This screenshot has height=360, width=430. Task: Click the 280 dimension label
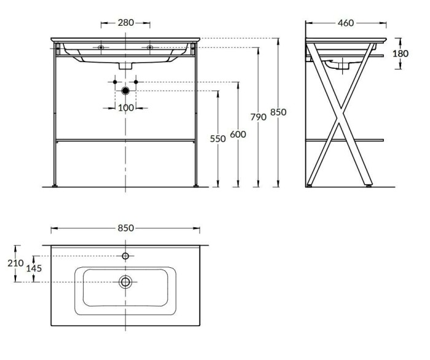click(x=126, y=23)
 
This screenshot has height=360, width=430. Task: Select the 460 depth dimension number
click(x=346, y=23)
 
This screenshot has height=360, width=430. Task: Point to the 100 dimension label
click(x=126, y=108)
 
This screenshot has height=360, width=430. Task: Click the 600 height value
click(x=238, y=134)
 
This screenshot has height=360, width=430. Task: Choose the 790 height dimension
click(x=258, y=117)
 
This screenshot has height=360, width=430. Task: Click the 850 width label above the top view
click(x=125, y=228)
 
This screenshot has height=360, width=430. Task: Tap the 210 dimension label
click(x=16, y=263)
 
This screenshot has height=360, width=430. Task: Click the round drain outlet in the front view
click(x=126, y=91)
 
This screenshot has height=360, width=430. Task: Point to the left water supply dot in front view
click(x=115, y=82)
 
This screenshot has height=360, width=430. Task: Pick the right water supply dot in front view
click(x=136, y=82)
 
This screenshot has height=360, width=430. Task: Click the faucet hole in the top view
click(x=125, y=256)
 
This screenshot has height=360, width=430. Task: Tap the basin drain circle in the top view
click(x=125, y=282)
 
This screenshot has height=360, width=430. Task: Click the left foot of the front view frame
click(x=57, y=184)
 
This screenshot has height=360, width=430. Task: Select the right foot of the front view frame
click(x=195, y=184)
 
